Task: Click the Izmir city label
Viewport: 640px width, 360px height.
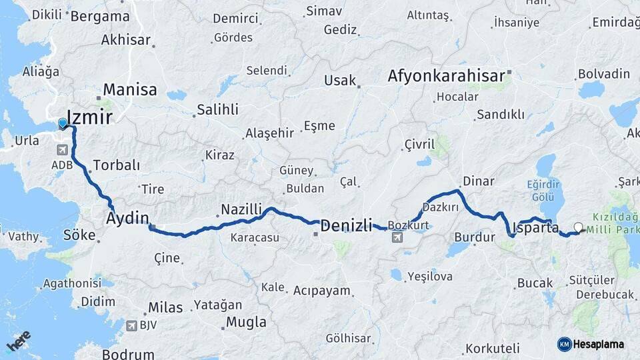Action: coord(89,119)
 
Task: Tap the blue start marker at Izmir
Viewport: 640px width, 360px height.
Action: coord(63,123)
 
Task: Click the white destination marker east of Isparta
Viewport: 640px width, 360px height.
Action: coord(577,227)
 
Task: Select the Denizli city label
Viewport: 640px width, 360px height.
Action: coord(346,225)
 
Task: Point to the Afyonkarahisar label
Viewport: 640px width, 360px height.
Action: coord(446,76)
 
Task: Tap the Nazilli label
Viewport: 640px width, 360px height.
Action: coord(241,209)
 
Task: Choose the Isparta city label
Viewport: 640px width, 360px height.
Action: coord(536,227)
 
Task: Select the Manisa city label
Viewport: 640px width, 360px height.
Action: coord(130,89)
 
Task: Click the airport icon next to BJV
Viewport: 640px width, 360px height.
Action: coord(131,325)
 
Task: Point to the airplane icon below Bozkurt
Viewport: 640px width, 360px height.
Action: coord(397,237)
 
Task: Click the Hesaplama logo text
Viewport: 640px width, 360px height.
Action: coord(597,344)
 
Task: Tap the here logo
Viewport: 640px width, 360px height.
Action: coord(18,341)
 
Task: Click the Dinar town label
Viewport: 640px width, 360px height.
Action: coord(478,181)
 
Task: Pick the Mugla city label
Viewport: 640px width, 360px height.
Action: coord(246,323)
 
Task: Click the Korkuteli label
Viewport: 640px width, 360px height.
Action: coord(492,348)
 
